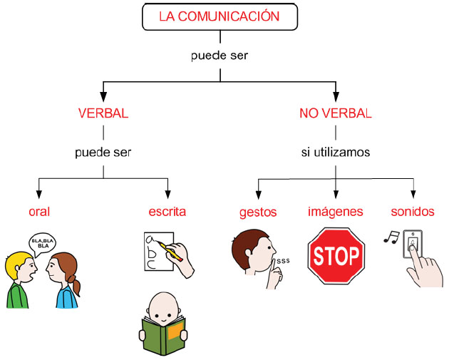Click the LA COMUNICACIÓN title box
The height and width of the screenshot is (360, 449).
click(220, 16)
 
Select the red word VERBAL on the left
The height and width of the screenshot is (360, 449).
click(103, 113)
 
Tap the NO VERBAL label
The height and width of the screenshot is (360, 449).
click(336, 113)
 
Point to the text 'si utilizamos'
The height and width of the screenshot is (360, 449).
click(336, 152)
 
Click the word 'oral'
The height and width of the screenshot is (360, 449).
click(39, 212)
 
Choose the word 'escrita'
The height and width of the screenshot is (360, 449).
click(167, 212)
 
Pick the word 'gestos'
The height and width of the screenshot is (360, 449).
click(258, 212)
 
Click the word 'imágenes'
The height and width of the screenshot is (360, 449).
click(336, 212)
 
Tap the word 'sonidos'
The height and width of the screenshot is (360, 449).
click(413, 212)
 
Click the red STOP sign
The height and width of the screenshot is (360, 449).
click(336, 256)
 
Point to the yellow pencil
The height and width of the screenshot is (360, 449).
click(170, 251)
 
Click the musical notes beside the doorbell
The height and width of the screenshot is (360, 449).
click(391, 237)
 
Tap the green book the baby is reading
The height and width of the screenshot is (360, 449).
click(164, 335)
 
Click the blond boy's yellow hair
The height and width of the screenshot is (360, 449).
click(17, 263)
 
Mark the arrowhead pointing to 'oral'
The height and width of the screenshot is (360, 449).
click(39, 195)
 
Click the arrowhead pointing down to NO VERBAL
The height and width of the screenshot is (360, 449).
click(336, 97)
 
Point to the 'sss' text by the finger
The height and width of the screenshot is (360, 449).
click(283, 261)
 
